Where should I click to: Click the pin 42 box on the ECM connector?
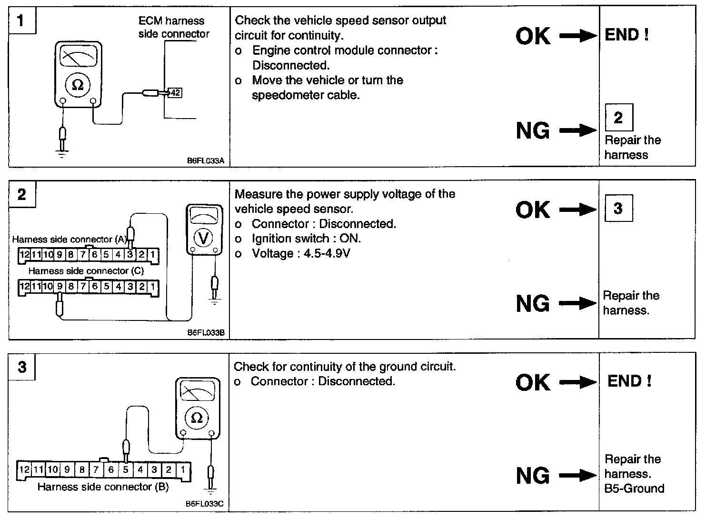[175, 93]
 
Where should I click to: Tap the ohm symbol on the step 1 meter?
[77, 85]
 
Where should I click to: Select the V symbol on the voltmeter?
[203, 238]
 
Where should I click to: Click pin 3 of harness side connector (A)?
[130, 255]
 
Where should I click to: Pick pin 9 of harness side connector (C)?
[60, 287]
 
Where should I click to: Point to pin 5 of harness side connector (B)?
[126, 469]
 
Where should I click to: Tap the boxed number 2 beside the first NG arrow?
[618, 118]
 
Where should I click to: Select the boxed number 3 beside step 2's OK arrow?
[618, 208]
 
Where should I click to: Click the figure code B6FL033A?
[205, 161]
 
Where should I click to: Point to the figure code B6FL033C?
[205, 504]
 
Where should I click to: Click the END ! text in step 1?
[626, 35]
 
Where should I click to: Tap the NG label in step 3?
[533, 476]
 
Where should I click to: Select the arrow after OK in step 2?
[578, 210]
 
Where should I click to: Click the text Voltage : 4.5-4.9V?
[301, 253]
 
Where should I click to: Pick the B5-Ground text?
[634, 489]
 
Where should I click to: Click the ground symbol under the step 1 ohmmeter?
[61, 153]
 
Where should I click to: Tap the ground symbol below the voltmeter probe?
[215, 301]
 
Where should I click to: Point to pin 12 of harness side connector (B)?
[24, 469]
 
